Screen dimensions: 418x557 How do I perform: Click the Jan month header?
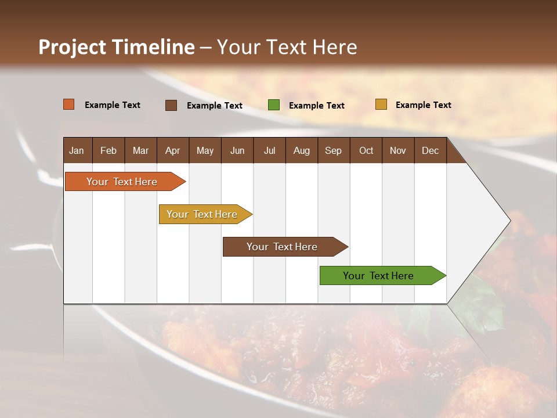pyautogui.click(x=77, y=150)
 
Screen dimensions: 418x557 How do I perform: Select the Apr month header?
pyautogui.click(x=172, y=150)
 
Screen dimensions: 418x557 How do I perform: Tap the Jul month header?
pyautogui.click(x=269, y=150)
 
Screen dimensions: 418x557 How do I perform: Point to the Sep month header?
pyautogui.click(x=333, y=150)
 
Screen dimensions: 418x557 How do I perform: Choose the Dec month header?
pyautogui.click(x=430, y=150)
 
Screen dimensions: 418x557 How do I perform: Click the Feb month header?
pyautogui.click(x=108, y=150)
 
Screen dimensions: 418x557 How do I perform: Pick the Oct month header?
pyautogui.click(x=366, y=150)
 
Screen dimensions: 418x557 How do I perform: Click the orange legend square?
pyautogui.click(x=69, y=105)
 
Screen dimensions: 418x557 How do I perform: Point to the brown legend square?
pyautogui.click(x=171, y=105)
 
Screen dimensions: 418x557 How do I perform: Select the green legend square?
pyautogui.click(x=274, y=105)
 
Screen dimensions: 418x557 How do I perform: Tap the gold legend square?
pyautogui.click(x=381, y=105)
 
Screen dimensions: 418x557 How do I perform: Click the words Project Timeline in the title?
pyautogui.click(x=117, y=47)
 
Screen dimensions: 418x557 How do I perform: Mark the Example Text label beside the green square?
pyautogui.click(x=316, y=106)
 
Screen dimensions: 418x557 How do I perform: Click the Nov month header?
pyautogui.click(x=398, y=150)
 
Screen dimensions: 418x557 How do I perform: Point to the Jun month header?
pyautogui.click(x=237, y=150)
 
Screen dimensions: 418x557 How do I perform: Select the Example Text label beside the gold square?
pyautogui.click(x=423, y=105)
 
